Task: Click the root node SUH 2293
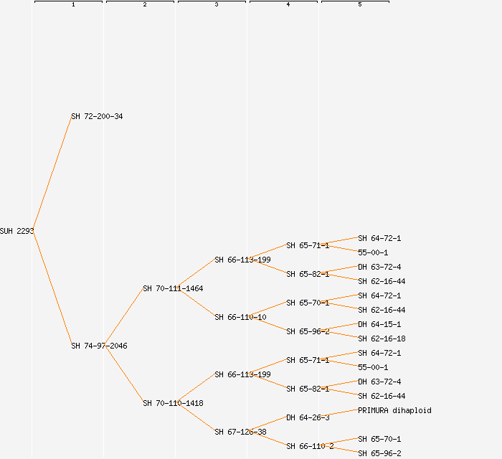tap(16, 231)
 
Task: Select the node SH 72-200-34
tap(97, 116)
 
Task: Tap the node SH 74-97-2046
tap(99, 346)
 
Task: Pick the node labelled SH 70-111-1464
tap(173, 288)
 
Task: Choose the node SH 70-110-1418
tap(173, 403)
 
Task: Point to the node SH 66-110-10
tap(240, 317)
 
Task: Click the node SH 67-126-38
tap(240, 432)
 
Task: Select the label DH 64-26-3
tap(308, 417)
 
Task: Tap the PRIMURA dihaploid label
tap(394, 410)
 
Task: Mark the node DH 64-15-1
tap(379, 324)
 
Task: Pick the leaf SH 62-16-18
tap(382, 339)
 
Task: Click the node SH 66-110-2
tap(310, 446)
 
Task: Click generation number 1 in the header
tap(73, 5)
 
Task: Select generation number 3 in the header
tap(217, 5)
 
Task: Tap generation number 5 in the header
tap(360, 5)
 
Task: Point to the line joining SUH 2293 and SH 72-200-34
tap(52, 174)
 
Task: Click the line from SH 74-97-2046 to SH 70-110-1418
tap(125, 374)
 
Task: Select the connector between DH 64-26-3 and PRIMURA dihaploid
tap(343, 414)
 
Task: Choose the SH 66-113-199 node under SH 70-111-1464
tap(242, 260)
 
